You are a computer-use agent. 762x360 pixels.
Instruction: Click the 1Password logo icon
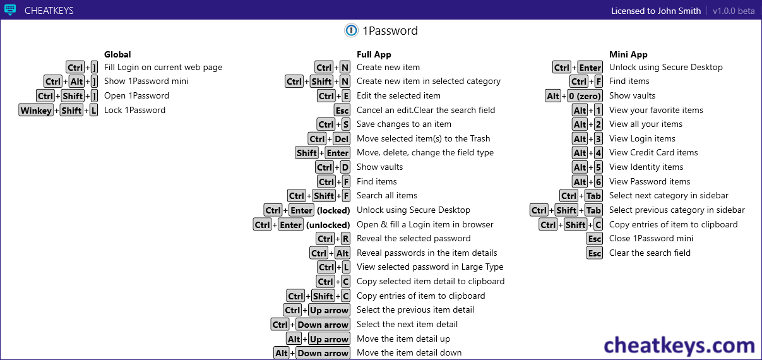(351, 30)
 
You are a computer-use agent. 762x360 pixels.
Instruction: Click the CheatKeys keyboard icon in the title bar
(10, 10)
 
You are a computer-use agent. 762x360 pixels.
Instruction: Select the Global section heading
(117, 54)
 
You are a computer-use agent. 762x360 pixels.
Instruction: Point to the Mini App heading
(628, 54)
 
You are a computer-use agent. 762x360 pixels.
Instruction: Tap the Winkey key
(36, 111)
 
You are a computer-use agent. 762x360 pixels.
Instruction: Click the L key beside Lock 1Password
(93, 111)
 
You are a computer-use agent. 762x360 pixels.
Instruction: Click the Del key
(342, 139)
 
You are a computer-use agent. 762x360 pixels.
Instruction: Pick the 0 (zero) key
(585, 96)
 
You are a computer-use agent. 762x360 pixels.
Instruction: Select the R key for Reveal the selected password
(345, 239)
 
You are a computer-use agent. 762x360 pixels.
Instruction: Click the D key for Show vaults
(345, 167)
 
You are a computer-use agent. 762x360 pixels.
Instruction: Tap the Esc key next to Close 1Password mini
(595, 239)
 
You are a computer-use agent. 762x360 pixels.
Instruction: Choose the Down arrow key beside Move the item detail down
(323, 353)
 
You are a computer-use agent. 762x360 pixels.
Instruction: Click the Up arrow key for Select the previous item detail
(329, 310)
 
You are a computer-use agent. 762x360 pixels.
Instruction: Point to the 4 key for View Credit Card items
(598, 153)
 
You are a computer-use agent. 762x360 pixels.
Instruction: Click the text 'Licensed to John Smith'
(656, 11)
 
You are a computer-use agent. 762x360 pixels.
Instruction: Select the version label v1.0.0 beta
(734, 11)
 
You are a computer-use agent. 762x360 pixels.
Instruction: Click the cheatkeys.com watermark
(679, 345)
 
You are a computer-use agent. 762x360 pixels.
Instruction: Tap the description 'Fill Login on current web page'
(164, 68)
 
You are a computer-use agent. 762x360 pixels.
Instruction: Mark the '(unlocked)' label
(328, 225)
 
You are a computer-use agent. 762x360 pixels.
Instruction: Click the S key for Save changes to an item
(346, 124)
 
